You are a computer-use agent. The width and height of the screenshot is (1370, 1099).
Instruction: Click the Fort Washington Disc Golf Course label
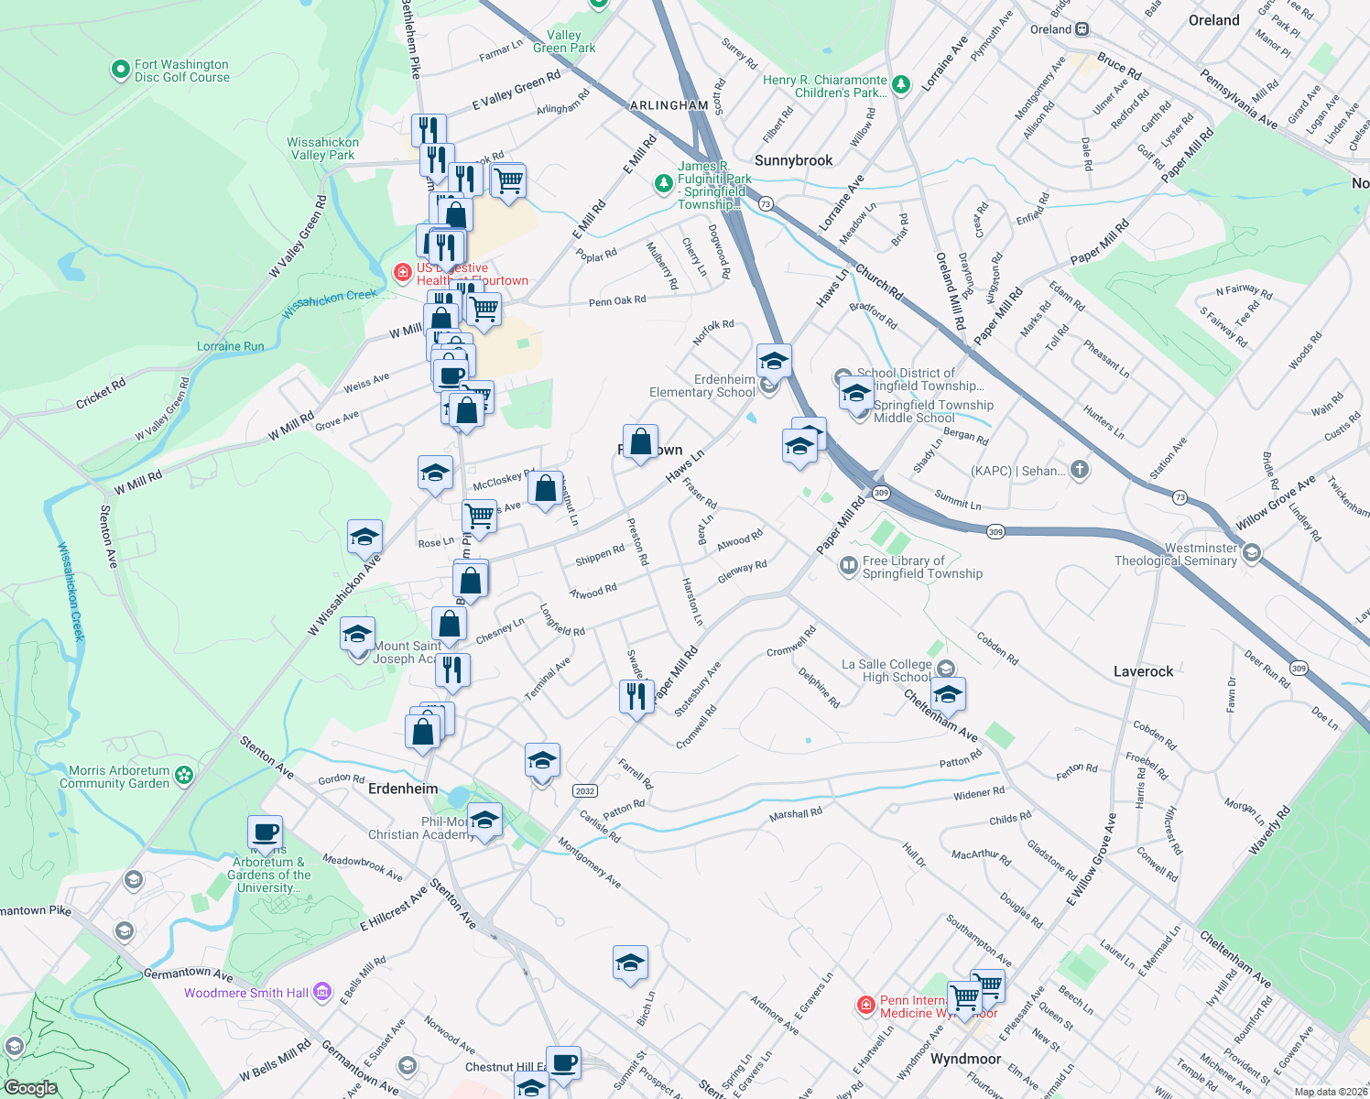point(181,71)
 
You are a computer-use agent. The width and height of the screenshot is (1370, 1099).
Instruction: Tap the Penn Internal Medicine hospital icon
point(865,1006)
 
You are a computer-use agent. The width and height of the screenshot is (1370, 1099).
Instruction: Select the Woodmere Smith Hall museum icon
point(321,992)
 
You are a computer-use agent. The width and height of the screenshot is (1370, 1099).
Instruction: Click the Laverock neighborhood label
point(1143,671)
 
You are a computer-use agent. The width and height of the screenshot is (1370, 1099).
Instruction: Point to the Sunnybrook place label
point(793,160)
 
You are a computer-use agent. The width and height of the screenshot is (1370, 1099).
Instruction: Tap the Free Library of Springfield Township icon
point(848,566)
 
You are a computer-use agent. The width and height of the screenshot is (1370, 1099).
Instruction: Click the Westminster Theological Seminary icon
point(1252,553)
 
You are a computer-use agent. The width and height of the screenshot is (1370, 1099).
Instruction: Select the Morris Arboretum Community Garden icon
point(184,776)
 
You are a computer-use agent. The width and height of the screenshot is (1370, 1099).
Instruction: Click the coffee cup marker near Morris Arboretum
point(265,833)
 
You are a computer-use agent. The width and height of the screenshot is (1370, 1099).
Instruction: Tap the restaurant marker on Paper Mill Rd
point(635,696)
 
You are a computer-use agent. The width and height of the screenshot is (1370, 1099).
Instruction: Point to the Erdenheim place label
point(403,789)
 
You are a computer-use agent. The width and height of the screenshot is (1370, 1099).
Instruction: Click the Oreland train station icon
point(1082,29)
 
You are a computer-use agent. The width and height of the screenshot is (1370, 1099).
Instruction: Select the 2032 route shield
point(584,790)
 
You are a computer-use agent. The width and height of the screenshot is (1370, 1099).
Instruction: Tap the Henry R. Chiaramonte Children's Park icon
point(901,85)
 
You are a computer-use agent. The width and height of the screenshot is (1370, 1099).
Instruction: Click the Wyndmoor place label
point(965,1059)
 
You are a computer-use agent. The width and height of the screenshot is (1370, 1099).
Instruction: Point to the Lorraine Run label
point(230,346)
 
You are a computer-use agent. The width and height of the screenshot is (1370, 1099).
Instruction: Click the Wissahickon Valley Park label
point(322,148)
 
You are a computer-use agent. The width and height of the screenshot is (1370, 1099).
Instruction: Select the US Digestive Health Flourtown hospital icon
point(402,273)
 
